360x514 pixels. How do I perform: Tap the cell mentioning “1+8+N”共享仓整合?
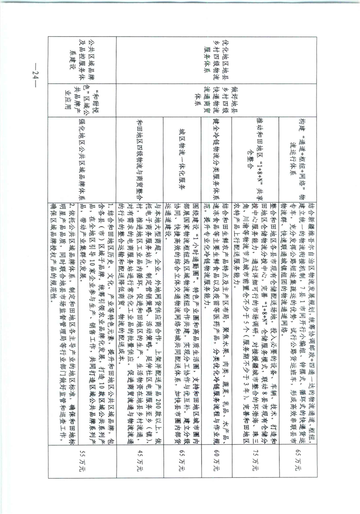pos(255,159)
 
